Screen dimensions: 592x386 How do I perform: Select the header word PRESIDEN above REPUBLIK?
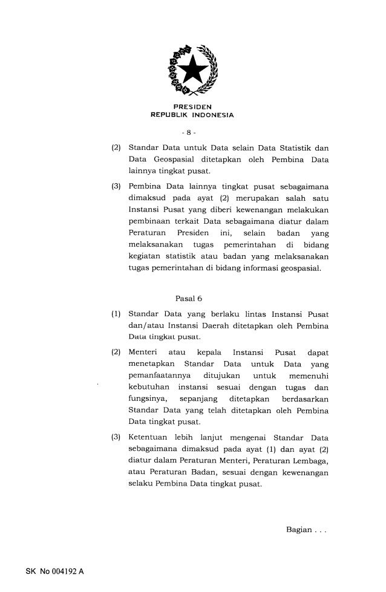tap(192, 107)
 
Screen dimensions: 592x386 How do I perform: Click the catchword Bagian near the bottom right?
tap(299, 531)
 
